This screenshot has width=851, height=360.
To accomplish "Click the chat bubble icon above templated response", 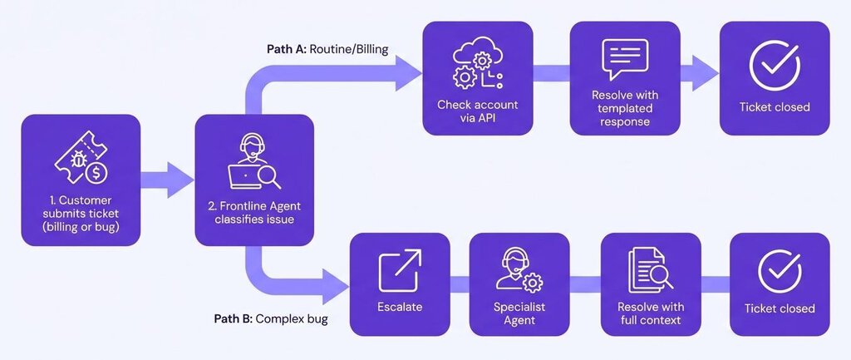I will point(623,61).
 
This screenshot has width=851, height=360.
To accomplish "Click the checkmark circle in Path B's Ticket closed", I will point(780,272).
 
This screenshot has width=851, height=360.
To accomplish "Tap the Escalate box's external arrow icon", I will point(400,271).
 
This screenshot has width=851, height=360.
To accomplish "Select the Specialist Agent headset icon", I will point(519,270).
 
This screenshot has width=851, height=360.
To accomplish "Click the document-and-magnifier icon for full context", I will point(649,272).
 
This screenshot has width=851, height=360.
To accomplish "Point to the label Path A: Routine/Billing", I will point(327,49).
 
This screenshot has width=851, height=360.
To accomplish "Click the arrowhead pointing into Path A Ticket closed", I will point(706,74).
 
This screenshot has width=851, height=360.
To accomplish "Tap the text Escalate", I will point(400,307).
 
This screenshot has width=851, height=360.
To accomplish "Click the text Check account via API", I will point(477,111).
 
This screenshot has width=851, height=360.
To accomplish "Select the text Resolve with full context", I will point(649,313).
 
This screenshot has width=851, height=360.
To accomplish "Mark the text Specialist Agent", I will point(519,313).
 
